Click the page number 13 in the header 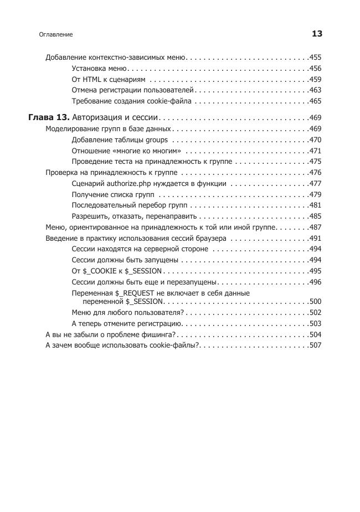click(x=317, y=34)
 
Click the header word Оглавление click(x=56, y=34)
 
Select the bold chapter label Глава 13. click(x=49, y=118)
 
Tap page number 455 click(x=315, y=58)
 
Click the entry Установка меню click(x=99, y=69)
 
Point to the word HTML click(x=91, y=79)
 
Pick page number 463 click(x=315, y=90)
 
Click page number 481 click(x=315, y=205)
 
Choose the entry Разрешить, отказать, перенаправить click(x=135, y=216)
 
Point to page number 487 click(x=315, y=227)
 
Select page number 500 click(x=315, y=302)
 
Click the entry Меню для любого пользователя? click(x=127, y=313)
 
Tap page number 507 click(x=315, y=345)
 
